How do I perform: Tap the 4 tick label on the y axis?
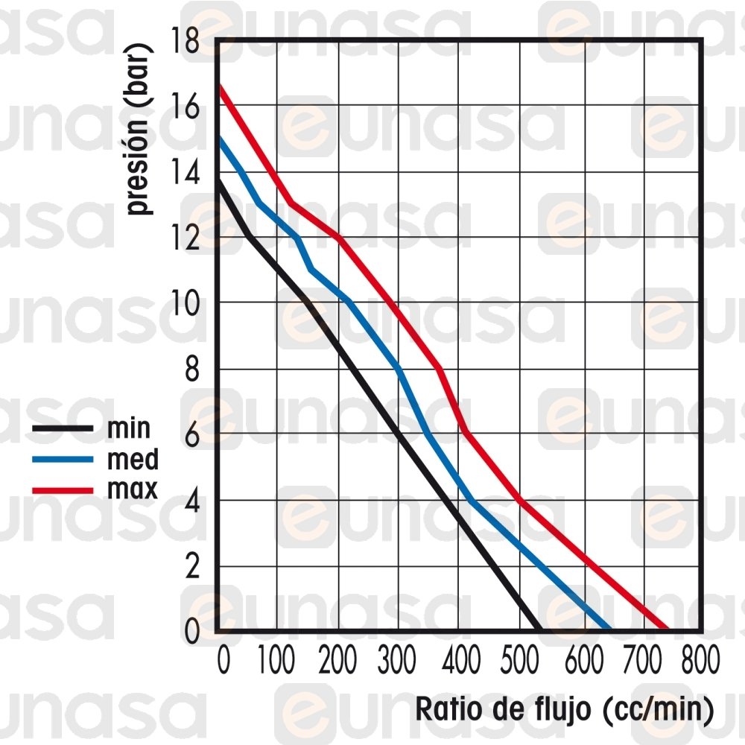coord(192,501)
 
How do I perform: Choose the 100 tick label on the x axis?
coord(276,661)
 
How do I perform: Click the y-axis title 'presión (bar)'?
coord(139,129)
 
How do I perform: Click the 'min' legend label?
coord(129,428)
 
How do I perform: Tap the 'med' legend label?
coord(133,460)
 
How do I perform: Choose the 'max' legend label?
coord(133,490)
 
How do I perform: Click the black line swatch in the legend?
coord(63,429)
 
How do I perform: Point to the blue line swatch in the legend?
coord(63,460)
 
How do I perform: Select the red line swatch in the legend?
coord(63,490)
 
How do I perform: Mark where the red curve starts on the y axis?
coord(218,86)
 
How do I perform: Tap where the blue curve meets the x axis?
coord(609,632)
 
